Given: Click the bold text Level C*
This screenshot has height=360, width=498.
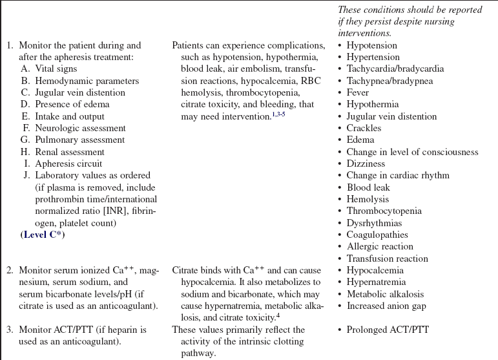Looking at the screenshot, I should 43,235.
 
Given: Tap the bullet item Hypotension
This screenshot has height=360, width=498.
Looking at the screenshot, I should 371,46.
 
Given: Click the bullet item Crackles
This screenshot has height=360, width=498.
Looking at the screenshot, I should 364,128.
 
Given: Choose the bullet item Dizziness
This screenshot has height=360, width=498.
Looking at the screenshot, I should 366,164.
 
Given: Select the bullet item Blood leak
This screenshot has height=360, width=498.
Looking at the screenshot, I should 368,187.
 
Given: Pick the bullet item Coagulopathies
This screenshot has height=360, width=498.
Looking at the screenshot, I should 377,235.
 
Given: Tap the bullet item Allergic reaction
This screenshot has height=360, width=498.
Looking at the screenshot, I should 380,246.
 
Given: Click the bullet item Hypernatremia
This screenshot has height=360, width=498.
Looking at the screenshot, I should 376,282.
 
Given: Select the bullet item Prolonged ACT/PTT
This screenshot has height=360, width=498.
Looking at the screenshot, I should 388,330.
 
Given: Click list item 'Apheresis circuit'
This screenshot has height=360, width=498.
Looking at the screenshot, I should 68,164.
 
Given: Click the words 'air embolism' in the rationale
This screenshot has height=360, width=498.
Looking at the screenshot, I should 242,69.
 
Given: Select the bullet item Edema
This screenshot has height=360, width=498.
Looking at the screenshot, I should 360,140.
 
